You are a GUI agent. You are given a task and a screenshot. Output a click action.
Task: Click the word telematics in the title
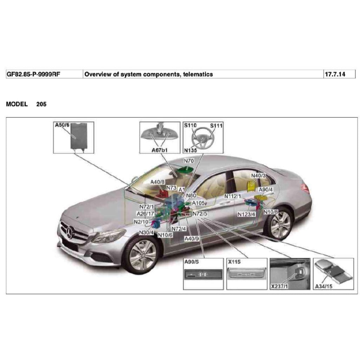pos(198,74)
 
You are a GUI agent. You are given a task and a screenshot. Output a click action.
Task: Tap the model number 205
pos(41,104)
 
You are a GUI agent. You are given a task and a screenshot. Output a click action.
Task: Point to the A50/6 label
pos(63,125)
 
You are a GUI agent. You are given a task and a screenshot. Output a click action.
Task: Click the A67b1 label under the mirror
pos(159,150)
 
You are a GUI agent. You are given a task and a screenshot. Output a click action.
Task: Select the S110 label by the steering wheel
pos(190,125)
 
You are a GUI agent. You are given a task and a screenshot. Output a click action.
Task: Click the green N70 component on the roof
pos(186,170)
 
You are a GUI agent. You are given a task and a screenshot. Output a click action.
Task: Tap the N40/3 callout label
pos(258,175)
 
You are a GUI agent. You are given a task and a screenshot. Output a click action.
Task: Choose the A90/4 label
pos(266,189)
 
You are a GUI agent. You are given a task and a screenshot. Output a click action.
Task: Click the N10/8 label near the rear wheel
pos(271,212)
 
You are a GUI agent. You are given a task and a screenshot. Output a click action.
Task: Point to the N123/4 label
pos(246,214)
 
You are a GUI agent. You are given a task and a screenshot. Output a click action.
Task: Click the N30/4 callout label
pos(147,232)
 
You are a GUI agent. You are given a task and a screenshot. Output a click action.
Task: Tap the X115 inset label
pos(234,262)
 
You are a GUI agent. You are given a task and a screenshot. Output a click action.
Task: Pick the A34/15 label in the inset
pos(324,287)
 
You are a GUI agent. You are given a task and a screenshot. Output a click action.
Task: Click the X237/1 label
pos(279,287)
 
